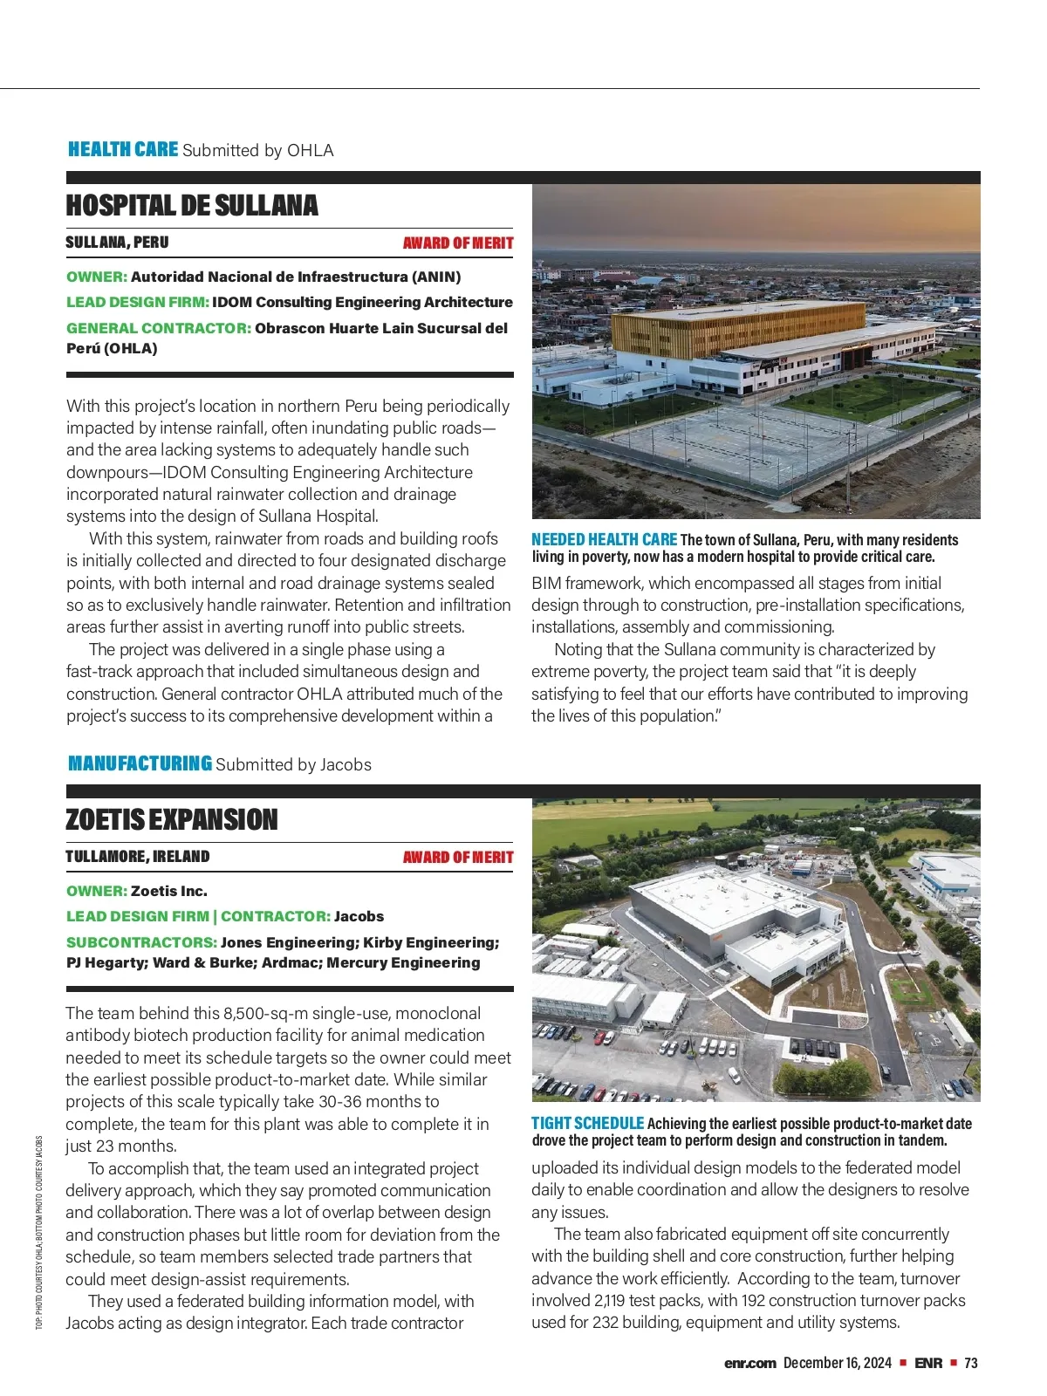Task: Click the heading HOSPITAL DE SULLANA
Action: (192, 206)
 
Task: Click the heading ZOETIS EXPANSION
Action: (172, 820)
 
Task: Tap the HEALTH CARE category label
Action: (123, 149)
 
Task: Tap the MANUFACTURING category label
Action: (140, 763)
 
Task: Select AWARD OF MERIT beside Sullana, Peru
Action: (458, 243)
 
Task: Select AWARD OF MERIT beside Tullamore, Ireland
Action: (458, 858)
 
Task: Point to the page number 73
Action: (971, 1363)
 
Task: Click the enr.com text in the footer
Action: (749, 1363)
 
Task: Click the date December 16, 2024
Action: (837, 1363)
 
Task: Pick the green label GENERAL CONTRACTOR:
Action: (159, 328)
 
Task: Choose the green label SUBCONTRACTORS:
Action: (141, 942)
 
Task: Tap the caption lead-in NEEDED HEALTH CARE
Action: (604, 540)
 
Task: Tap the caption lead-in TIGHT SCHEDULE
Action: (587, 1124)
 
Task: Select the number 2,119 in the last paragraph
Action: (614, 1300)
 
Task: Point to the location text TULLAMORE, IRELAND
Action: (138, 857)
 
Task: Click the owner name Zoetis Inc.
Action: (169, 891)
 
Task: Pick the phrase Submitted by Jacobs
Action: (293, 764)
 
